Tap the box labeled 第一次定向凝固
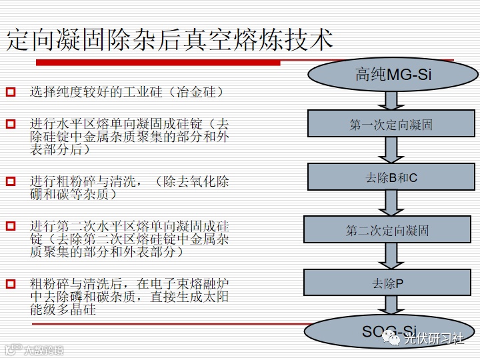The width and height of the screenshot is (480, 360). point(391,124)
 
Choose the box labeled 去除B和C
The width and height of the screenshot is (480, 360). point(391,177)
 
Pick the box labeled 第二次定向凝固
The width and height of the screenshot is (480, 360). point(387,230)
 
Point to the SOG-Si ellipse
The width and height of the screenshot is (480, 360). point(389,331)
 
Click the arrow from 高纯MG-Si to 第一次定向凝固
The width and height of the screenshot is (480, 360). point(392,100)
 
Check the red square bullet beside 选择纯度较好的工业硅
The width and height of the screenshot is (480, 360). point(11,92)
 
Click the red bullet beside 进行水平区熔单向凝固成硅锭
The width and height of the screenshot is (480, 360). point(11,124)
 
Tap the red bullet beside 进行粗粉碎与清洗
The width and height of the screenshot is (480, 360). point(11,181)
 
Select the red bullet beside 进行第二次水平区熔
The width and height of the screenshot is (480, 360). point(11,226)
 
